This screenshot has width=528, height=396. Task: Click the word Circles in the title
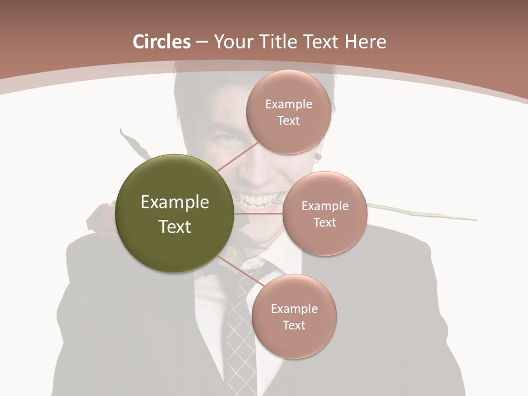click(162, 42)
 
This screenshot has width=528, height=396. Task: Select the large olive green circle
click(174, 213)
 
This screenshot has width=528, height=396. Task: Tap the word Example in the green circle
click(174, 202)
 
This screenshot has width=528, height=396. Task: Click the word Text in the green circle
click(174, 227)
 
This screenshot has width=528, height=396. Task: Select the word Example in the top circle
click(288, 104)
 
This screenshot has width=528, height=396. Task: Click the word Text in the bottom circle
click(294, 325)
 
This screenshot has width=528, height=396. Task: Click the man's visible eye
click(226, 141)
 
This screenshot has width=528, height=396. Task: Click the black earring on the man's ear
click(317, 158)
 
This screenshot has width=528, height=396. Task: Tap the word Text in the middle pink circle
click(324, 222)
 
